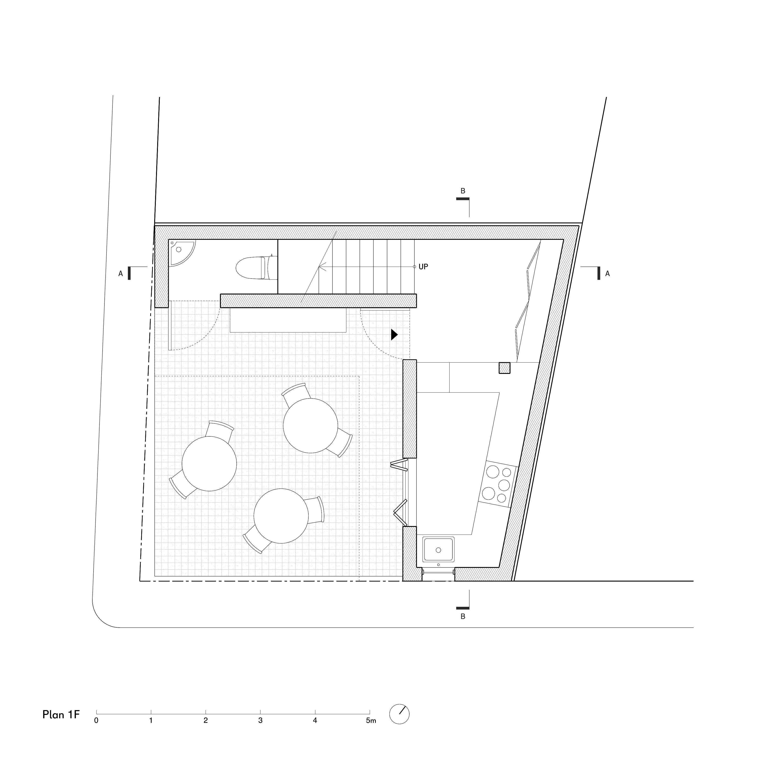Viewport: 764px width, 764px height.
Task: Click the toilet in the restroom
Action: pyautogui.click(x=256, y=268)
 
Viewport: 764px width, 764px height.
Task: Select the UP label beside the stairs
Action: pyautogui.click(x=423, y=267)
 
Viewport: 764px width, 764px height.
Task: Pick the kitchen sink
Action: pyautogui.click(x=438, y=549)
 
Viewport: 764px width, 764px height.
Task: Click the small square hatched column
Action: pyautogui.click(x=504, y=368)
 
